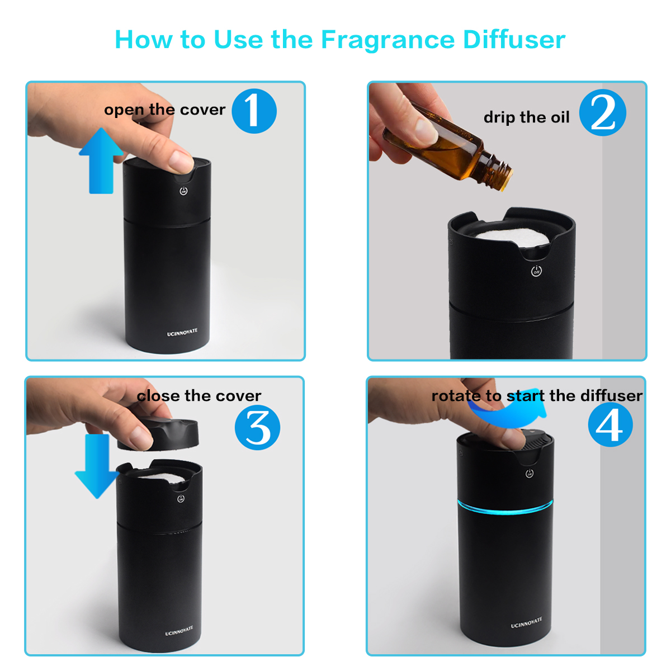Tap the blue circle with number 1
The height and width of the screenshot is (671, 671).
(x=254, y=111)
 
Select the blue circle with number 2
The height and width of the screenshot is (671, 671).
(x=602, y=113)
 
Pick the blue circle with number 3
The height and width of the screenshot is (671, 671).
(x=257, y=428)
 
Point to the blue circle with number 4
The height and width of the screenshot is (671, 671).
(x=610, y=424)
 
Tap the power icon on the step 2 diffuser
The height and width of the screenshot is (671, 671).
(x=536, y=272)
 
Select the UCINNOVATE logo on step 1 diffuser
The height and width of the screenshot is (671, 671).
(x=182, y=333)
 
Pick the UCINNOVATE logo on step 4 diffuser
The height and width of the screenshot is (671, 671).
(x=526, y=623)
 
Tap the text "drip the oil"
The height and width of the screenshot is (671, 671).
(x=526, y=117)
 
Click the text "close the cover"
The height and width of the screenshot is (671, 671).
(x=199, y=396)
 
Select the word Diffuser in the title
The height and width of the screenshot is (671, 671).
(x=514, y=40)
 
